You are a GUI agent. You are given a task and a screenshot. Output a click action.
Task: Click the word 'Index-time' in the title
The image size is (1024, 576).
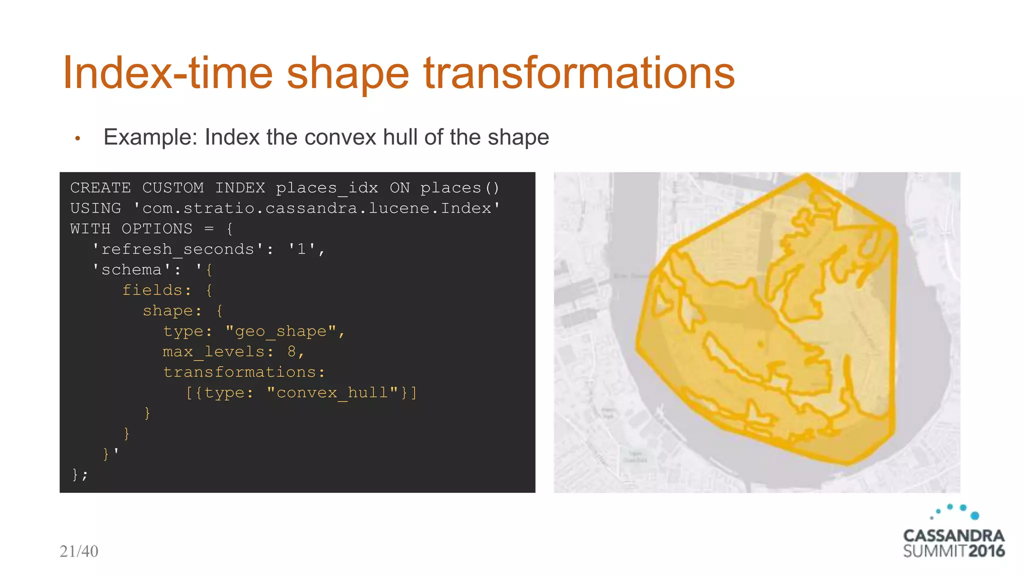pos(167,73)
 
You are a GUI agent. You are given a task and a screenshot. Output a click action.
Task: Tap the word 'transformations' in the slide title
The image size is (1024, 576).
pos(579,73)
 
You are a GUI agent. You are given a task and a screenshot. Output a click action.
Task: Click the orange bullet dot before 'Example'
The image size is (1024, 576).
pos(77,138)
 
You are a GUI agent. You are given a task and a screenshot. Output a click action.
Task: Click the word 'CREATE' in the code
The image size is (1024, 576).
pos(100,188)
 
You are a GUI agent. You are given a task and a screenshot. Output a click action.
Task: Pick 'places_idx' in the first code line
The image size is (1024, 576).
pos(327,188)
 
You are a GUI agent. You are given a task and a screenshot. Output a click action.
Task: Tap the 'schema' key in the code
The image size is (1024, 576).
pos(131,269)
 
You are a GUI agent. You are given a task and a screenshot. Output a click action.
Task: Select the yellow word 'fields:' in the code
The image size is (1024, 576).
pos(156,290)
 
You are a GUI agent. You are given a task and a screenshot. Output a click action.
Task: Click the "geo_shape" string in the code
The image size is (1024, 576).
pos(280,331)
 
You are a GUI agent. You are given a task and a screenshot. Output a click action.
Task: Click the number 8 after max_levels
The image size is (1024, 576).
pos(291,351)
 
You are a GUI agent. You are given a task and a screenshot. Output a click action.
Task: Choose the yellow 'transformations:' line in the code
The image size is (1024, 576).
pos(244,372)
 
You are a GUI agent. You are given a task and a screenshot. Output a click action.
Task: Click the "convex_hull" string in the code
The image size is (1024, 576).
pos(332,392)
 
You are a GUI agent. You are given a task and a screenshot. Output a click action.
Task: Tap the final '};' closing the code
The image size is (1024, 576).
pos(79,474)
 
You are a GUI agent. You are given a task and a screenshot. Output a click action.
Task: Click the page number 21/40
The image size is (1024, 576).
pos(79,551)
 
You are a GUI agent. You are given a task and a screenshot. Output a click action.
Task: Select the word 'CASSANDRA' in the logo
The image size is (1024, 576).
pos(953,535)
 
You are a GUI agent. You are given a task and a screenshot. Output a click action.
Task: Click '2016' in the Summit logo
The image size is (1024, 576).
pos(986,551)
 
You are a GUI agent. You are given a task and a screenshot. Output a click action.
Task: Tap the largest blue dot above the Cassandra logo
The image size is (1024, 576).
pos(974,515)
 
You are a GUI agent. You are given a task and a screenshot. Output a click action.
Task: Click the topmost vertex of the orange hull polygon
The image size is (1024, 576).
pos(806,175)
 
